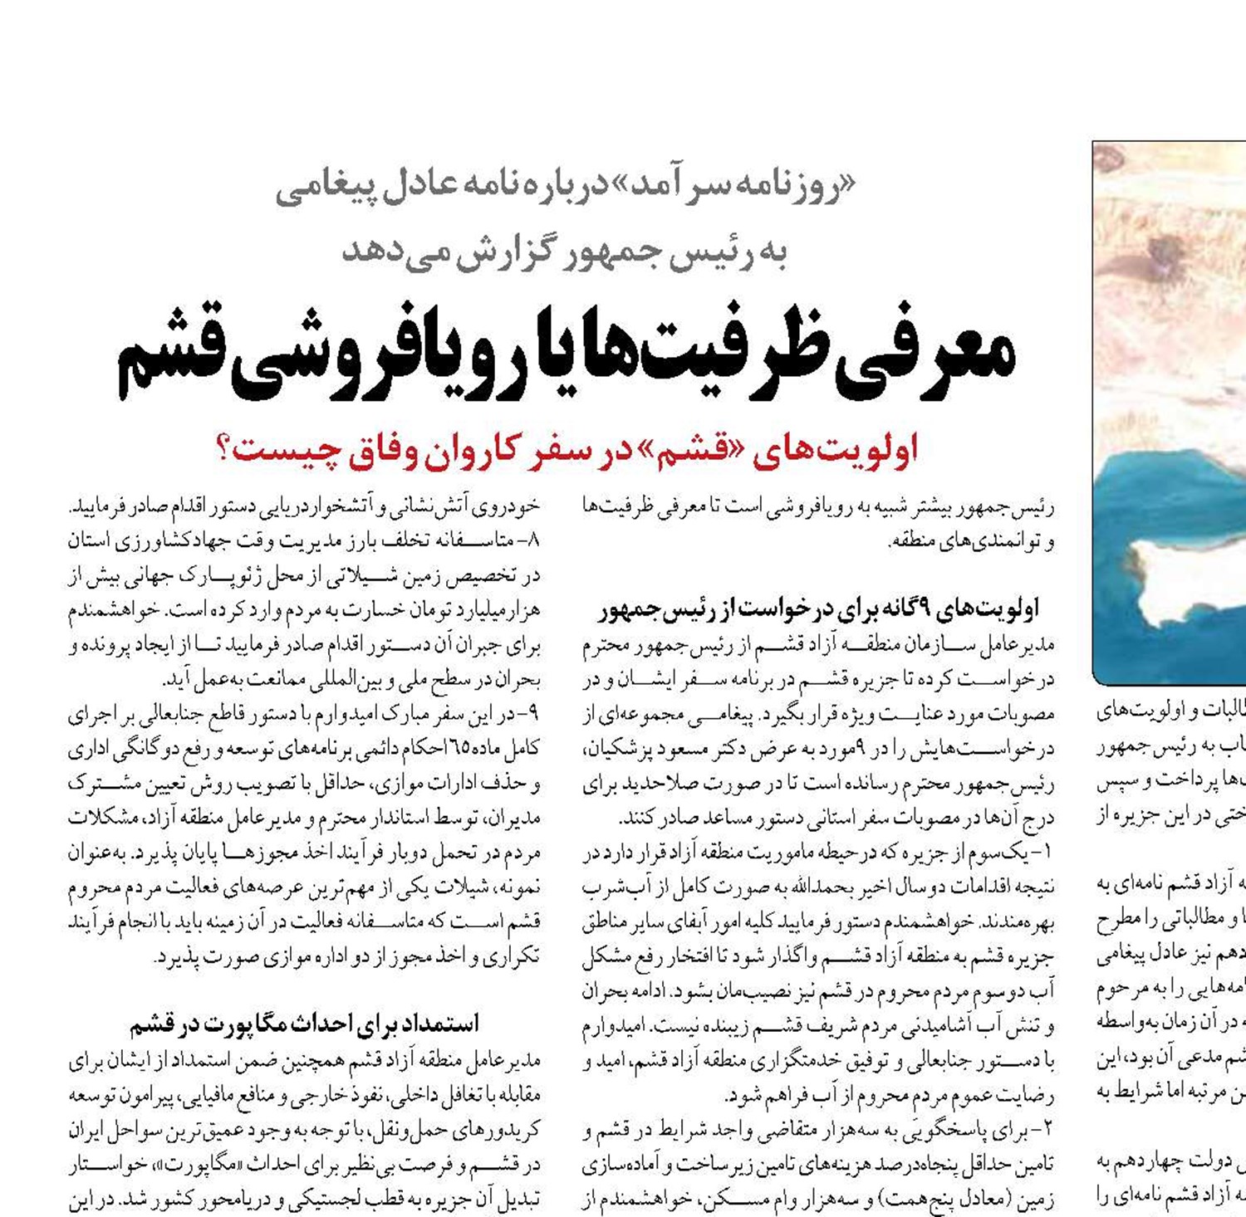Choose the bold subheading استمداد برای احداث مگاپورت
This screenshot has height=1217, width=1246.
(305, 1024)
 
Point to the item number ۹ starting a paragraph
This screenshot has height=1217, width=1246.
(533, 714)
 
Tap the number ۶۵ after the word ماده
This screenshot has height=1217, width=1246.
(458, 749)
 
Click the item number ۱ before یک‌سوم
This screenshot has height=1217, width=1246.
(1045, 853)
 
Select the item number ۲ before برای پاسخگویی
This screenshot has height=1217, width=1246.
(1045, 1130)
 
